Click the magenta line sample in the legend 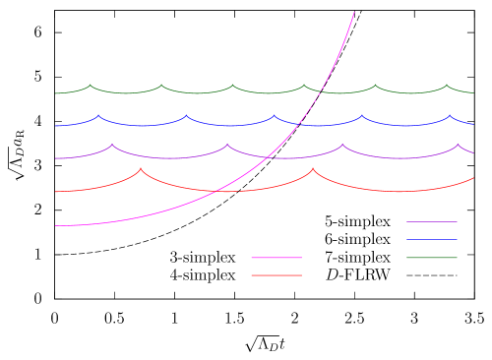277,258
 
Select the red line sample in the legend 277,275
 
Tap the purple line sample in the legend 432,222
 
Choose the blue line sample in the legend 432,240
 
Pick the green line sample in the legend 432,258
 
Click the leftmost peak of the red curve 141,168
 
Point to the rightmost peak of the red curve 314,168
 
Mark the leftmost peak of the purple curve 112,145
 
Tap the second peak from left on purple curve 227,145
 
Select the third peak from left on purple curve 342,145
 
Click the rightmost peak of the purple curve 458,145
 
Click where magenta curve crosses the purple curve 270,155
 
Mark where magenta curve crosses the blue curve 299,123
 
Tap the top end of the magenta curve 354,12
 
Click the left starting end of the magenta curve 56,225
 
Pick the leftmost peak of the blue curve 98,116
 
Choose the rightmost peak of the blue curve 450,116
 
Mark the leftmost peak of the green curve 91,86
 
